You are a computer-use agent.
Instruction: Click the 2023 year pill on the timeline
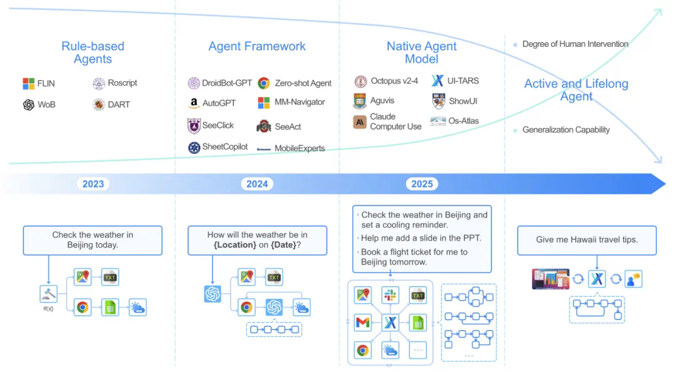click(93, 183)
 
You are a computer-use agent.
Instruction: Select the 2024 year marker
click(257, 183)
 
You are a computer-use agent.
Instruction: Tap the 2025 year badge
click(422, 183)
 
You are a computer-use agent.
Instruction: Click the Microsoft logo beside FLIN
click(28, 83)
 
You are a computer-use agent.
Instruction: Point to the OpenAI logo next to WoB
click(28, 105)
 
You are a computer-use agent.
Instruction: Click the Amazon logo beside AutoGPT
click(193, 103)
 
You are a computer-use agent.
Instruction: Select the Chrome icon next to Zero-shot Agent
click(264, 83)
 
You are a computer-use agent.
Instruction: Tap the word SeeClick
click(218, 125)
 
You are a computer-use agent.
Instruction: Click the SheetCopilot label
click(225, 147)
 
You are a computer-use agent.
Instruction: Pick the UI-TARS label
click(463, 81)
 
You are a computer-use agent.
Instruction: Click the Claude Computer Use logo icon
click(360, 122)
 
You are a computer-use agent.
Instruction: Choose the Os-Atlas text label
click(463, 121)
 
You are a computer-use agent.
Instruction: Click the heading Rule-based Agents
click(93, 53)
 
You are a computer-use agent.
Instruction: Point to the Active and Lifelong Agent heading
click(576, 90)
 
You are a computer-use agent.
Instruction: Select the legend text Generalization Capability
click(566, 130)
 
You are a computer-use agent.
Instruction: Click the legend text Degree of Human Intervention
click(575, 44)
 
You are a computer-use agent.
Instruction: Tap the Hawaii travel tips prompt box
click(587, 240)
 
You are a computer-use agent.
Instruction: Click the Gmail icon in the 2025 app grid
click(362, 323)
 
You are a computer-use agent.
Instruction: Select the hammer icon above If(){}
click(48, 294)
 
